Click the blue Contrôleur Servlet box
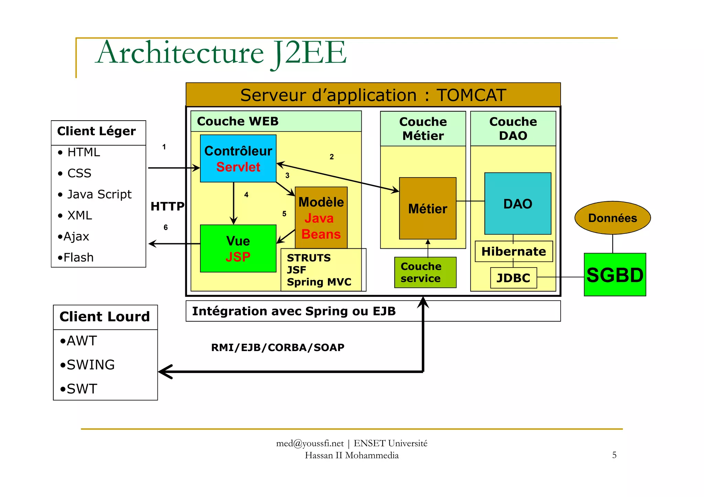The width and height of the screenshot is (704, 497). coord(238,158)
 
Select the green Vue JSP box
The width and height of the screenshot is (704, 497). coord(238,249)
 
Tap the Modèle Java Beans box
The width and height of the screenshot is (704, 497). coord(321,218)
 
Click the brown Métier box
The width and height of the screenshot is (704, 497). coord(427,208)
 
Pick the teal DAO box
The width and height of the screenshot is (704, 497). coord(517,204)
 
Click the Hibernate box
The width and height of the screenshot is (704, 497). coord(514,251)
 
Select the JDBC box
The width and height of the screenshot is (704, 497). coord(513,278)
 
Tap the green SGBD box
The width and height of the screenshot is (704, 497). coord(615,275)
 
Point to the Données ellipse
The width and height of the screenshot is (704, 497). coord(612,218)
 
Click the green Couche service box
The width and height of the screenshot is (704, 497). coord(425,272)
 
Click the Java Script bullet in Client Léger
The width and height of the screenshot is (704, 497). coord(99,194)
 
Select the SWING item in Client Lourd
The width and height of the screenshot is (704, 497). coord(90,365)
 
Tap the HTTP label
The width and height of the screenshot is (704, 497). coord(167,206)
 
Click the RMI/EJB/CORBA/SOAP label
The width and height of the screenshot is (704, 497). coord(277,348)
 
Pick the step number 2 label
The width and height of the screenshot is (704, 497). coord(331,157)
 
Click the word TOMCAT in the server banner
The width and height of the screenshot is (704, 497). coord(471,95)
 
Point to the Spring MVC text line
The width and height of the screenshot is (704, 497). coord(319,282)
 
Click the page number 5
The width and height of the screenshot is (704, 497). coord(614,455)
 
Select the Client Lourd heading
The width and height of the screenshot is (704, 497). coord(104,317)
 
